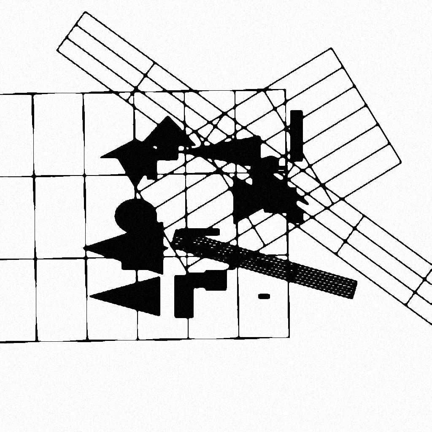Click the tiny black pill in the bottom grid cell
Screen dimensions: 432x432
[x=264, y=297]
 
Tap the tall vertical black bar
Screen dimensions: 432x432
[x=297, y=135]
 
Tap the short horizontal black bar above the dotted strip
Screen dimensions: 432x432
[x=198, y=232]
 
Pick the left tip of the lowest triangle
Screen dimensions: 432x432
[x=90, y=297]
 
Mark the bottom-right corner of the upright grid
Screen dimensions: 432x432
[x=289, y=337]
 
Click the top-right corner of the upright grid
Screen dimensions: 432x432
[x=286, y=89]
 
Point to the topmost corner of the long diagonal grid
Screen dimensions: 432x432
[x=86, y=12]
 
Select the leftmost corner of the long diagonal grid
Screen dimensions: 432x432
[x=57, y=50]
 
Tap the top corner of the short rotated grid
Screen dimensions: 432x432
[x=331, y=48]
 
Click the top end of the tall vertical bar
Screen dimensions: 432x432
[x=297, y=111]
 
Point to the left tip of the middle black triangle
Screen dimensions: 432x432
[x=85, y=248]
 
